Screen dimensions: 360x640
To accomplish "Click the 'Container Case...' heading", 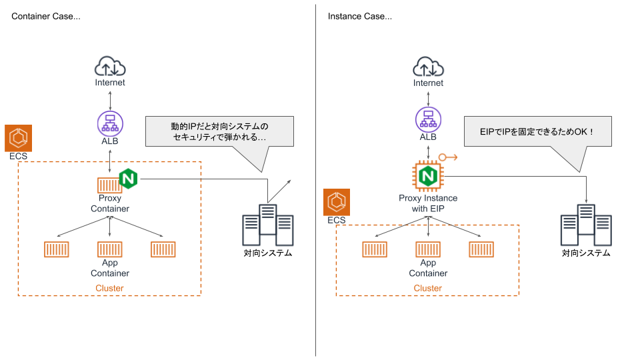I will pos(46,16).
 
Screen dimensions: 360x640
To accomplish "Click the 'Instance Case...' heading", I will pos(360,16).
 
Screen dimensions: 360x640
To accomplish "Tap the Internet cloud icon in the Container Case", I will pos(110,67).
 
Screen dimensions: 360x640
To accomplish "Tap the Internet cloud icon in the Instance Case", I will pos(428,67).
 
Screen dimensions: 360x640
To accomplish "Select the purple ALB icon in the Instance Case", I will pos(428,120).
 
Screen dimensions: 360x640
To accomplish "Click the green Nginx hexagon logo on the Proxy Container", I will pos(128,179).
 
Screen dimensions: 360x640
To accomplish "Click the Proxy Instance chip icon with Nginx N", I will pos(428,176).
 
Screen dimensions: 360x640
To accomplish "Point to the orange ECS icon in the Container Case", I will pos(17,138).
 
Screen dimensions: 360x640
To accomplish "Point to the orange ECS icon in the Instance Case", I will pos(336,202).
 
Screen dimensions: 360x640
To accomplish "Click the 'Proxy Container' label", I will pos(110,203).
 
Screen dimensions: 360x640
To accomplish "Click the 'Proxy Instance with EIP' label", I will pos(428,203).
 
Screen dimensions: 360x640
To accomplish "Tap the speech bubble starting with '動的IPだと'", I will pos(219,131).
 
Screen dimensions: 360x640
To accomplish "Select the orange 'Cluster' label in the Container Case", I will pos(110,288).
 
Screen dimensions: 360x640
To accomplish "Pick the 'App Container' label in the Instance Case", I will pos(428,268).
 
